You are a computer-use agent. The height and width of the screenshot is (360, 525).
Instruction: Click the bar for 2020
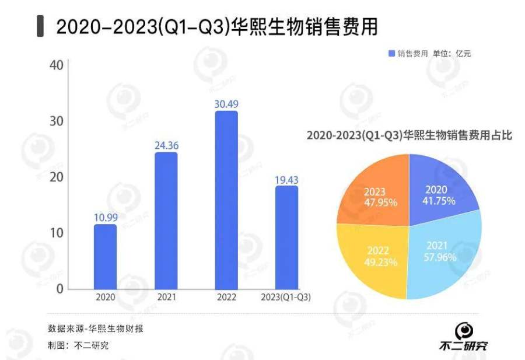coord(105,257)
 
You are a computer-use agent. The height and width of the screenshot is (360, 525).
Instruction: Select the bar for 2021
coord(166,221)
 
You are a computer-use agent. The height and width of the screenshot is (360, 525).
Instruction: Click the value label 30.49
coord(226,104)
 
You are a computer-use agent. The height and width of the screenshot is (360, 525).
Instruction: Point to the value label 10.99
coord(106,217)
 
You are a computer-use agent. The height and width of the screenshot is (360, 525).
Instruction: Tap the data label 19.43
coord(286,179)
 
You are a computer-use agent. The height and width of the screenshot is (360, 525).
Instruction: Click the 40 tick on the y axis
coord(57,65)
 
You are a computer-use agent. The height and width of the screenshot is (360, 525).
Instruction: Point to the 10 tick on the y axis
coord(57,233)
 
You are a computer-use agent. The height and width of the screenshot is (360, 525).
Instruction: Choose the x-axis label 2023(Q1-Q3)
coord(285,297)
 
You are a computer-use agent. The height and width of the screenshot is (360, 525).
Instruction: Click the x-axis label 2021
coord(166,297)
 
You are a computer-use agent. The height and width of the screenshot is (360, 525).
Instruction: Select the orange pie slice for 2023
coord(376,193)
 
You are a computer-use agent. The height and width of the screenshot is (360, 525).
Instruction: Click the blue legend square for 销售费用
coord(391,54)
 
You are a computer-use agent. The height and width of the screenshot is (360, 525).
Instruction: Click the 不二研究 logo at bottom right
coord(464,338)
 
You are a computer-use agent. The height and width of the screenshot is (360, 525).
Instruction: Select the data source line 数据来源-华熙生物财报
coord(96,328)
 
